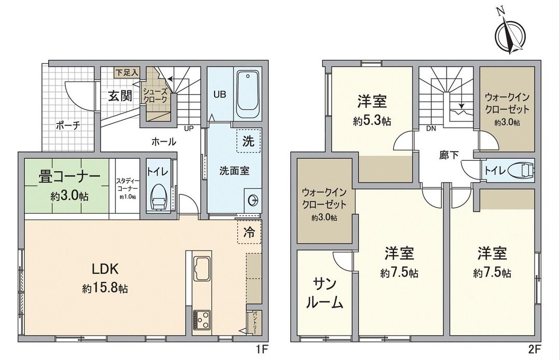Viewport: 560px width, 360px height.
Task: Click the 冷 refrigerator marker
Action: pos(248,233)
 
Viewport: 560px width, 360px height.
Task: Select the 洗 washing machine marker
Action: pos(248,142)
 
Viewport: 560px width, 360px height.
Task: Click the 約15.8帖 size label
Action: pos(105,289)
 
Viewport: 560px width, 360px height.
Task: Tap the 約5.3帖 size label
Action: pos(372,121)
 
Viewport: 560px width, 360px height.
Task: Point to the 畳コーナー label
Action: pos(69,176)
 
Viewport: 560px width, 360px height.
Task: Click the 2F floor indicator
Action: pos(537,349)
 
